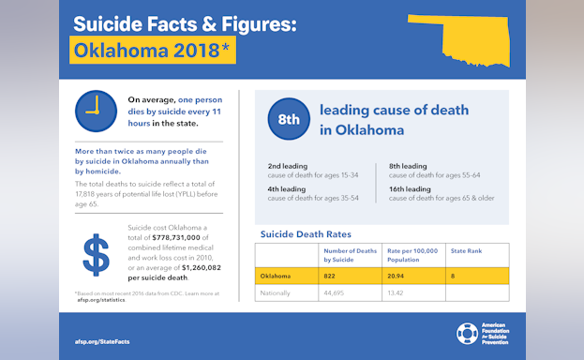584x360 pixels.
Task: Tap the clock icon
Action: coord(94,111)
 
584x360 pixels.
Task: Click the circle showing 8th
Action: coord(289,118)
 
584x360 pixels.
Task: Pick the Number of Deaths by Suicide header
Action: coord(350,253)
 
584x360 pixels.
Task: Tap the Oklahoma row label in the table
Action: coord(276,276)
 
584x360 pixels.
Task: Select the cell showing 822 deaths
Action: coord(330,276)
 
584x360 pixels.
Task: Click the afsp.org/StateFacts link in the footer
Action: coord(101,341)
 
